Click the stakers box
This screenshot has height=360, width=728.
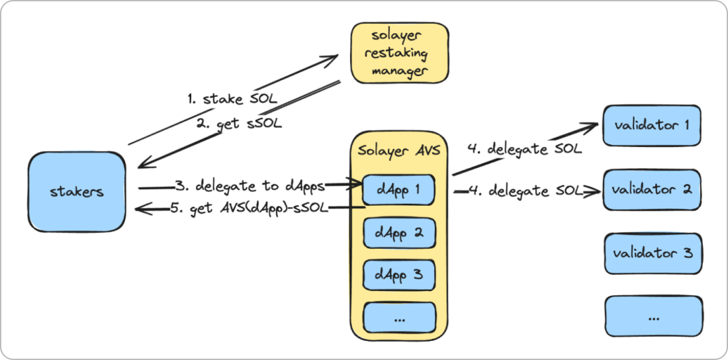click(x=77, y=191)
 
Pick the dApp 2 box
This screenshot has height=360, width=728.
click(x=399, y=232)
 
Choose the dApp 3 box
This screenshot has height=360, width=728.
click(x=399, y=273)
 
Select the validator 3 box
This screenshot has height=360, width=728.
click(x=653, y=253)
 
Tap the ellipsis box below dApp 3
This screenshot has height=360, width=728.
click(x=399, y=317)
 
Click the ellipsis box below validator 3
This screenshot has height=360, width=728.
click(x=653, y=317)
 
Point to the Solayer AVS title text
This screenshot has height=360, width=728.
click(x=399, y=151)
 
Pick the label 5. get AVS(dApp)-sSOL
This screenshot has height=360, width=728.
click(x=249, y=208)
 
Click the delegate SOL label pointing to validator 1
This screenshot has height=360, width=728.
click(x=524, y=150)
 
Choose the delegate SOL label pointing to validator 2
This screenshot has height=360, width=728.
click(x=523, y=191)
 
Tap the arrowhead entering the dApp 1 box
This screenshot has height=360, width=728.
click(x=355, y=187)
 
